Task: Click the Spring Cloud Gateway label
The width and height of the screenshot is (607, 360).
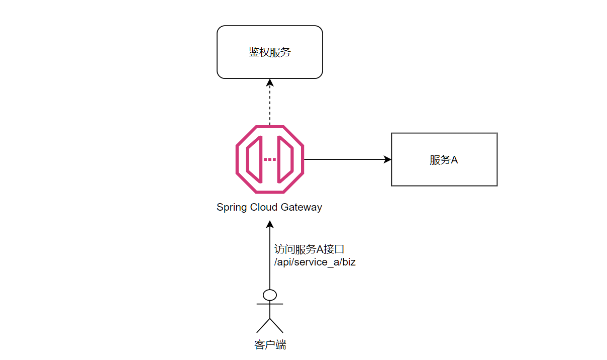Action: (269, 207)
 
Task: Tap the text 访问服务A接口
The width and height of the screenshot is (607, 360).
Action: (309, 249)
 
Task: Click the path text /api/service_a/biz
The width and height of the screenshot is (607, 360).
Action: (315, 262)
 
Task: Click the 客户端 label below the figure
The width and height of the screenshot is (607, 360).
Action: (270, 345)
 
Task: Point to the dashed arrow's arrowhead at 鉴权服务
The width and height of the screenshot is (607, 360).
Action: (270, 82)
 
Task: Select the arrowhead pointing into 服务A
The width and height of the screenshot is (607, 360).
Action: (387, 159)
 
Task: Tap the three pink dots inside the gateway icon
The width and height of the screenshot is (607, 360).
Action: (270, 159)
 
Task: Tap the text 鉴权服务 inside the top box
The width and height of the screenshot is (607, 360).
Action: (269, 52)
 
